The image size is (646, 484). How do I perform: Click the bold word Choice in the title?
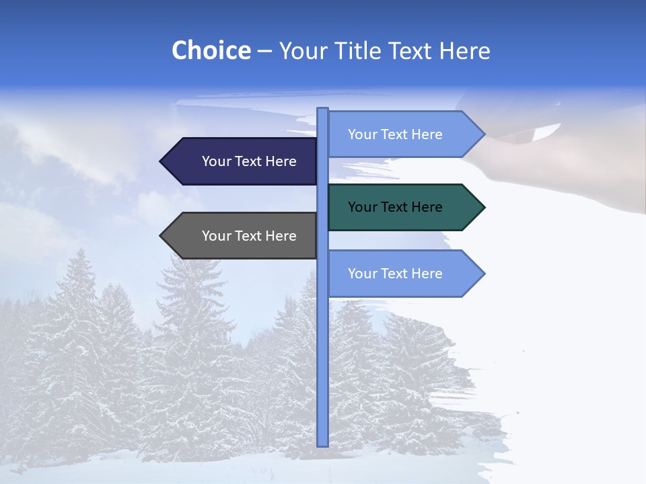pyautogui.click(x=211, y=50)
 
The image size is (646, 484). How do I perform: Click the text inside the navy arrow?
pyautogui.click(x=249, y=161)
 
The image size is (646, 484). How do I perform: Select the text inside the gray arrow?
pyautogui.click(x=249, y=236)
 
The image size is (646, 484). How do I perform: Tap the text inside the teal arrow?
pyautogui.click(x=395, y=207)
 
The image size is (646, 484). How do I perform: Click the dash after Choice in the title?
pyautogui.click(x=264, y=51)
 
